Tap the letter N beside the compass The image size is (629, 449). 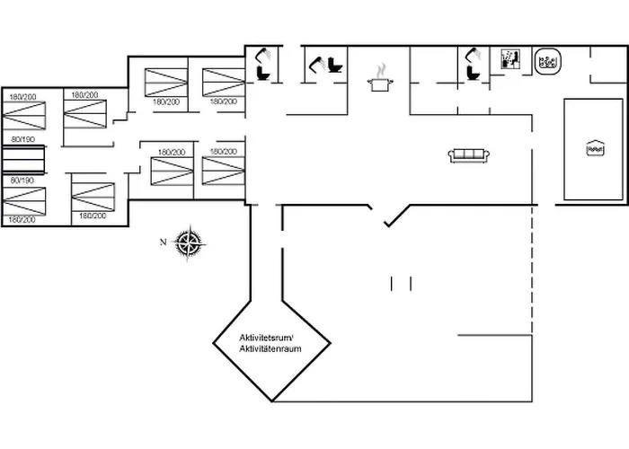point(163,242)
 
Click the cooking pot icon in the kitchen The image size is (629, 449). point(379,84)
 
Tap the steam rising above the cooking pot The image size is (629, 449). point(381,68)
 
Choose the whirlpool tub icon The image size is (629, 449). point(547,62)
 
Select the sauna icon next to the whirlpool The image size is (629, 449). point(509,60)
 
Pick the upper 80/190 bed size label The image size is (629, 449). point(22,140)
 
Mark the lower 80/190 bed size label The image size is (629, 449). point(22,180)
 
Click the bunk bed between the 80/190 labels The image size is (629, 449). point(22,160)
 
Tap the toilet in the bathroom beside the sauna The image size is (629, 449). point(474,71)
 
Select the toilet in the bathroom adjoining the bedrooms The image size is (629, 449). point(264,71)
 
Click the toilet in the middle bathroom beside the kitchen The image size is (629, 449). point(336,66)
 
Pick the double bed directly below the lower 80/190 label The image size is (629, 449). point(23,200)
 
